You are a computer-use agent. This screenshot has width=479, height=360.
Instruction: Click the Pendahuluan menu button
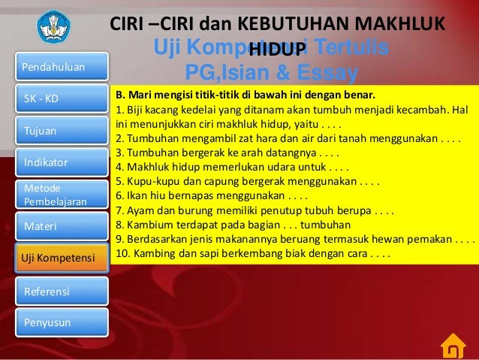[53, 68]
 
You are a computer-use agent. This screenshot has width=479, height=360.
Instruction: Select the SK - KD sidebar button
[53, 99]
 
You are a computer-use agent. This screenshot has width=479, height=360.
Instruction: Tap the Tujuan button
[53, 131]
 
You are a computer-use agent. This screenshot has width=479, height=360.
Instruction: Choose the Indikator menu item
[53, 162]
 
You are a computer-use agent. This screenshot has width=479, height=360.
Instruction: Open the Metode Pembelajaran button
[53, 194]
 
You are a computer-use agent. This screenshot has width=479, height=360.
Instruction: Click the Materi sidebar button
[53, 225]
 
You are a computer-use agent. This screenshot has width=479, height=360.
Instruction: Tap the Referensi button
[53, 291]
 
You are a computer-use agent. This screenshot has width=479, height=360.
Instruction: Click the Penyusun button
[53, 322]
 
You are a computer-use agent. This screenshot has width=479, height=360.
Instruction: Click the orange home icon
[453, 346]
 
